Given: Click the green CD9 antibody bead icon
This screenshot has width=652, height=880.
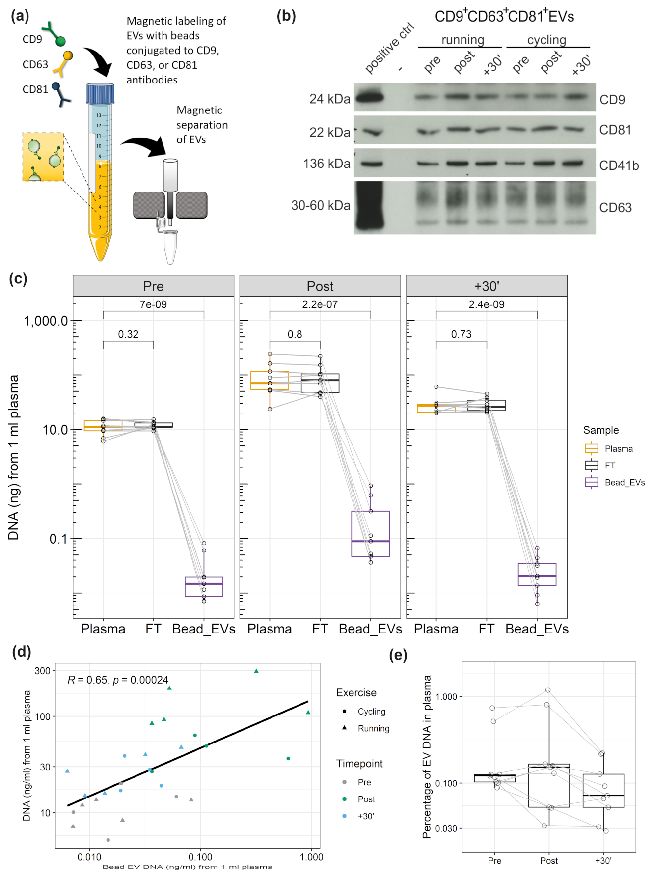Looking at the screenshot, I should (x=60, y=41).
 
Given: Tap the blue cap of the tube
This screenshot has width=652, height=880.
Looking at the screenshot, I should (x=100, y=93).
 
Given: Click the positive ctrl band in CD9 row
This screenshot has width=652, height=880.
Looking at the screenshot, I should (x=369, y=97).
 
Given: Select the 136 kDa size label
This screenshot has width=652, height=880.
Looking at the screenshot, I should (x=326, y=164).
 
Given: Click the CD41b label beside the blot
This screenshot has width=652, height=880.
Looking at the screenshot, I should (x=619, y=166).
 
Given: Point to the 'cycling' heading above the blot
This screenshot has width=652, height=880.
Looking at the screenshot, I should (x=546, y=40).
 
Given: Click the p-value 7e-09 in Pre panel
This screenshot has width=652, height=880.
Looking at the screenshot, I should (x=153, y=304).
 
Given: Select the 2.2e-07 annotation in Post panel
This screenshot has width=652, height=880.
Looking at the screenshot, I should (x=320, y=304).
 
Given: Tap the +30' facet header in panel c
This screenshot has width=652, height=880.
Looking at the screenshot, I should (x=486, y=286).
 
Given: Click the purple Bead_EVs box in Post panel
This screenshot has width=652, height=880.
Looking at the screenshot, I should (x=370, y=533).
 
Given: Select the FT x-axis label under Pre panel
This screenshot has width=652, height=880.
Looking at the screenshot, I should (x=153, y=629).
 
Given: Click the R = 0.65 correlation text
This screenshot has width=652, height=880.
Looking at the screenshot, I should (x=117, y=680).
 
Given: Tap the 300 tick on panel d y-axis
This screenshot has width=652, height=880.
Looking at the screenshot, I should (x=43, y=671).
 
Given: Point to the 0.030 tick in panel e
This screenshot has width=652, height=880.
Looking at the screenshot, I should (x=446, y=828).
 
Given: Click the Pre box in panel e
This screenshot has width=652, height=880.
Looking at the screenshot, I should (x=494, y=778).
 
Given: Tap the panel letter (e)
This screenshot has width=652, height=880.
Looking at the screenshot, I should (x=398, y=655).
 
